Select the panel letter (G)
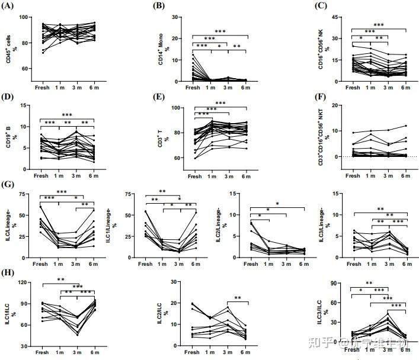coord(9,185)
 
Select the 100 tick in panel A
coord(27,17)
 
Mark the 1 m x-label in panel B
coord(210,88)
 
